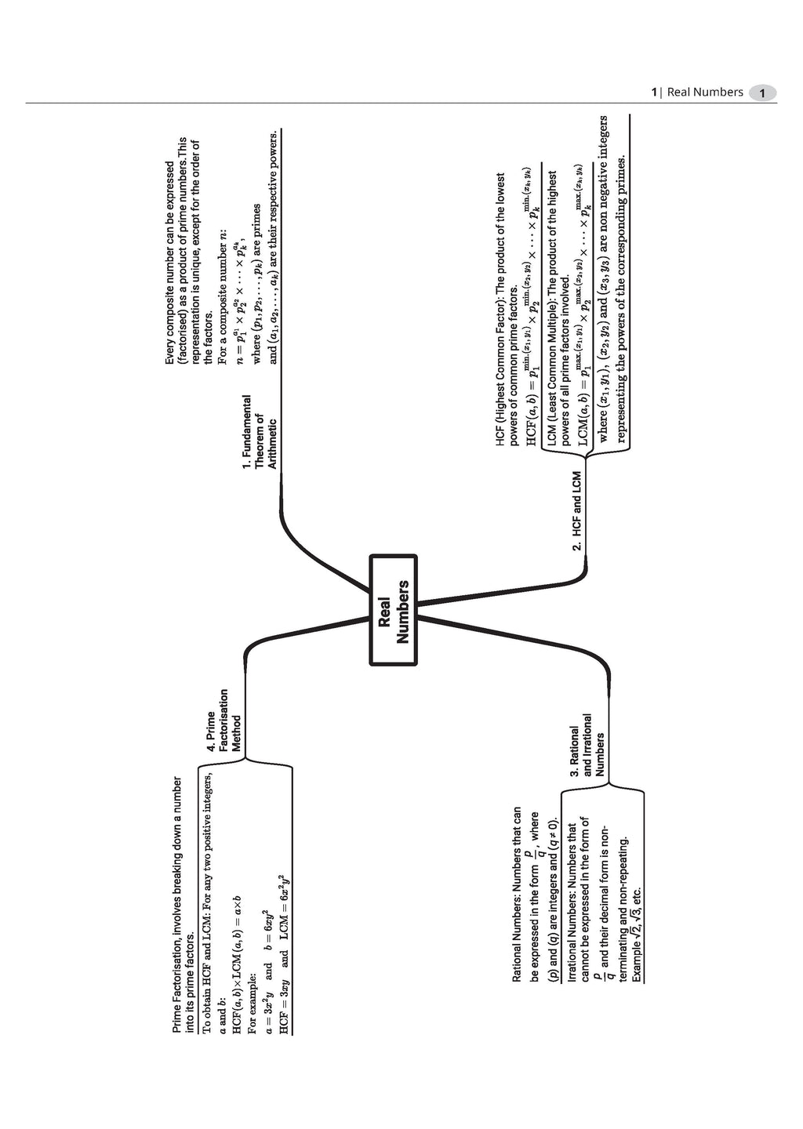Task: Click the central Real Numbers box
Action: coord(393,610)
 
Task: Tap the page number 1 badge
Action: coord(762,93)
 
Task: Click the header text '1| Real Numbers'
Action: coord(697,93)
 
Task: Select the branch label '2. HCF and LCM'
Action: coord(577,510)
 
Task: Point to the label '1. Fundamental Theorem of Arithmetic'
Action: coord(260,431)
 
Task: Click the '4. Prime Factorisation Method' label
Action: coord(223,721)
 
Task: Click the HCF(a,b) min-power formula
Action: coord(530,306)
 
